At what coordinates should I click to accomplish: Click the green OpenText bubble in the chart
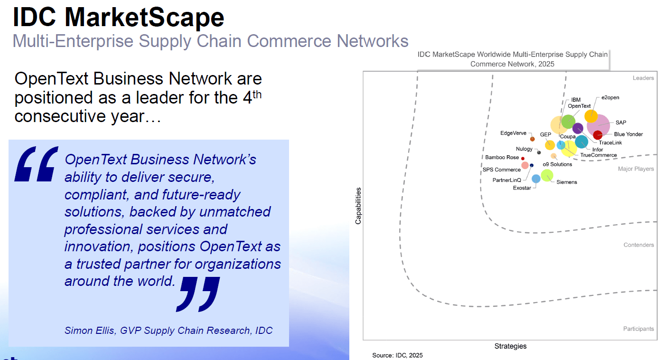(x=568, y=121)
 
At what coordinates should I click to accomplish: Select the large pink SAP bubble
(x=599, y=124)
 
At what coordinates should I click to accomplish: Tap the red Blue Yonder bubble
(x=598, y=135)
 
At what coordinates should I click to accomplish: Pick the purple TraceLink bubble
(x=578, y=128)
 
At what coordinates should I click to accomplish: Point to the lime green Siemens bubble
(x=547, y=175)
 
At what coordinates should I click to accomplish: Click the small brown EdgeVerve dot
(x=533, y=139)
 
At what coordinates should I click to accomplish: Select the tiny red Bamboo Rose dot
(x=523, y=158)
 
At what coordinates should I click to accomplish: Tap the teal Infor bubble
(x=581, y=142)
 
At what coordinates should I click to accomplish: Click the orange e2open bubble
(x=591, y=116)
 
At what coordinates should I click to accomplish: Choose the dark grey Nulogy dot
(x=539, y=152)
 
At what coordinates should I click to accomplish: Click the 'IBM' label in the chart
(x=576, y=100)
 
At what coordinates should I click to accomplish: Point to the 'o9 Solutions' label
(x=557, y=164)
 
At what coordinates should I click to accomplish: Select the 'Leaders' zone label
(x=643, y=78)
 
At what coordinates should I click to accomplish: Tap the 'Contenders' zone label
(x=638, y=245)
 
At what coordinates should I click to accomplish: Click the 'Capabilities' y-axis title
(x=358, y=206)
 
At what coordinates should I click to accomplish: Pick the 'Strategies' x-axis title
(x=510, y=346)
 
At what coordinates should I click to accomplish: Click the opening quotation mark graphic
(x=36, y=163)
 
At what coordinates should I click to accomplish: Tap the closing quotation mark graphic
(x=198, y=294)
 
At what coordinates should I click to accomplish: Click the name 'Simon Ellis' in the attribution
(x=89, y=331)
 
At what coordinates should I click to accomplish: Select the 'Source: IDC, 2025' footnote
(x=397, y=355)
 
